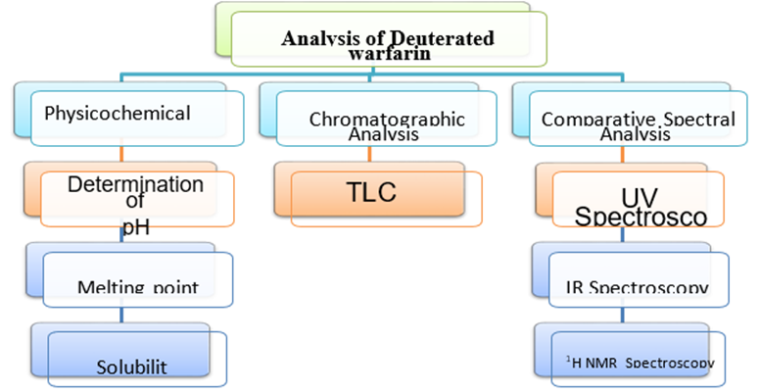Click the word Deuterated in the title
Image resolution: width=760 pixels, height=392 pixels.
[446, 39]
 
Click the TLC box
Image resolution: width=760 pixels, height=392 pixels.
[371, 193]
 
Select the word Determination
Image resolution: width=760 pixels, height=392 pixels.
[136, 184]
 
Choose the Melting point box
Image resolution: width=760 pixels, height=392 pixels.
[137, 285]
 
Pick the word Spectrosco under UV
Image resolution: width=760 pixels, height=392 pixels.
[640, 217]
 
